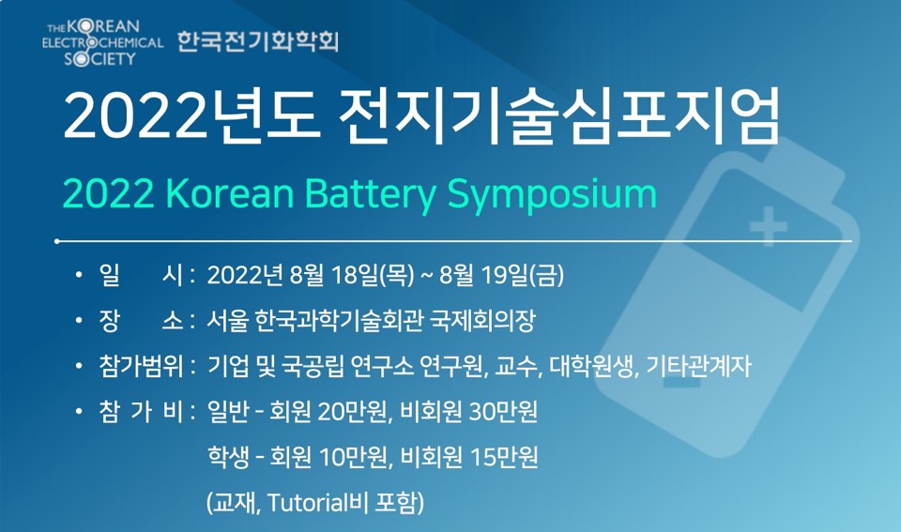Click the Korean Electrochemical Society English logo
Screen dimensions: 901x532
102,43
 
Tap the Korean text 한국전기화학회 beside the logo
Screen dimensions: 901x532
258,41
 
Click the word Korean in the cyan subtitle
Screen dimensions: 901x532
230,193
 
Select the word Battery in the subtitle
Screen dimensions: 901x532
371,195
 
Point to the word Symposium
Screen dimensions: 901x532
552,195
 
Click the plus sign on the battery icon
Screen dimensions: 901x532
769,226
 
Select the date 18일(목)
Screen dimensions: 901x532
373,275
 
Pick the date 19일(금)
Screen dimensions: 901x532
523,275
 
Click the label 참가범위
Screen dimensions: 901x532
141,366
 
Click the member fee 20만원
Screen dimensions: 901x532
352,411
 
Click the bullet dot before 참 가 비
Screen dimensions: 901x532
79,411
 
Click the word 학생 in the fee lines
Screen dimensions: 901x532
228,457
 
